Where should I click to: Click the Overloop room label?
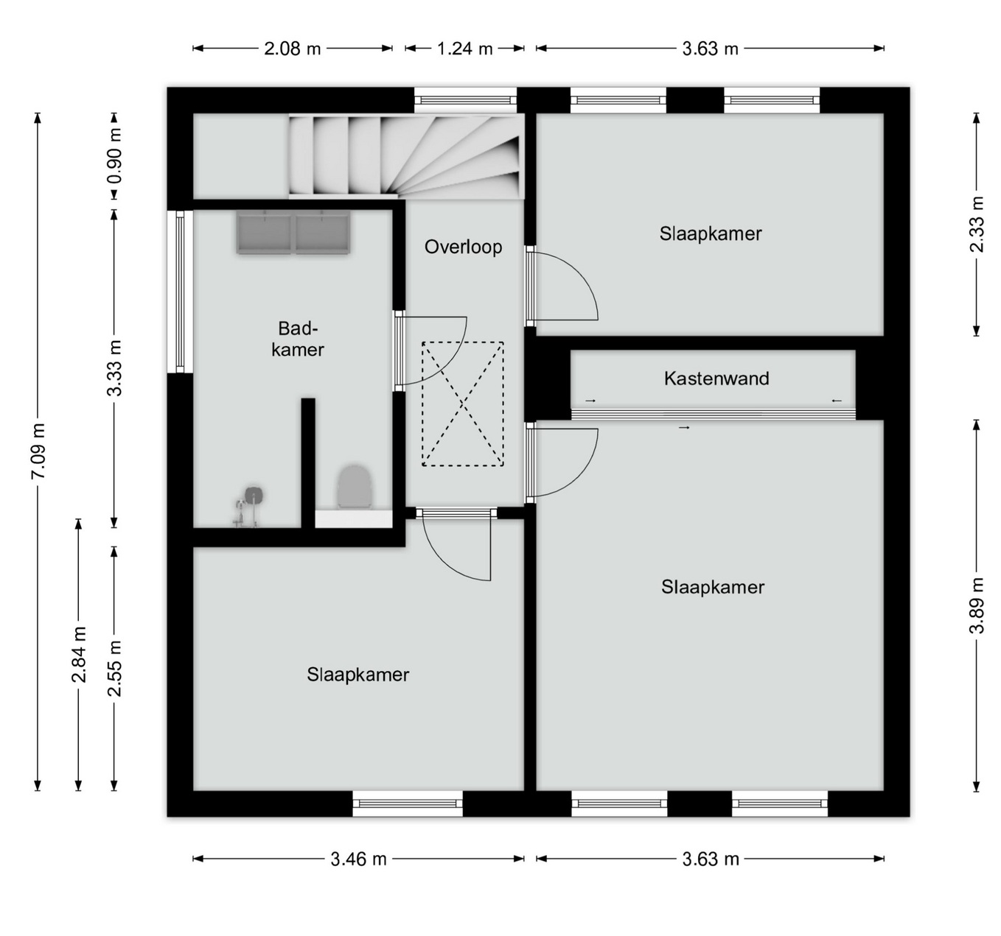point(463,247)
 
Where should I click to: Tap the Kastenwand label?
point(716,379)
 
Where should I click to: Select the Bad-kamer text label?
point(297,339)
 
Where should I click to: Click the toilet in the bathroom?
point(355,487)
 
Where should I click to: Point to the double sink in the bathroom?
point(293,232)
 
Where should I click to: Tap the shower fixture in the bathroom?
point(249,506)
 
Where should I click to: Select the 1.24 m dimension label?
point(464,49)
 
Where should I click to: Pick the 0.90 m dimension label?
point(115,156)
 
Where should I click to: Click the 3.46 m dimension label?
point(358,859)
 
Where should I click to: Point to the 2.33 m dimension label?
point(977,223)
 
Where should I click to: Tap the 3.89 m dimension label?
point(977,605)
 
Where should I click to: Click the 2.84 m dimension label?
point(79,655)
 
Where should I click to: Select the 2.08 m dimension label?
point(293,49)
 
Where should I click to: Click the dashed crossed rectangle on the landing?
point(463,404)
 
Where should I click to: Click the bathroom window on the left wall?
point(180,291)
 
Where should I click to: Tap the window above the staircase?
point(466,100)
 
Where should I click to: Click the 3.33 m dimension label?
point(115,368)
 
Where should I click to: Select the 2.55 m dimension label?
point(115,669)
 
